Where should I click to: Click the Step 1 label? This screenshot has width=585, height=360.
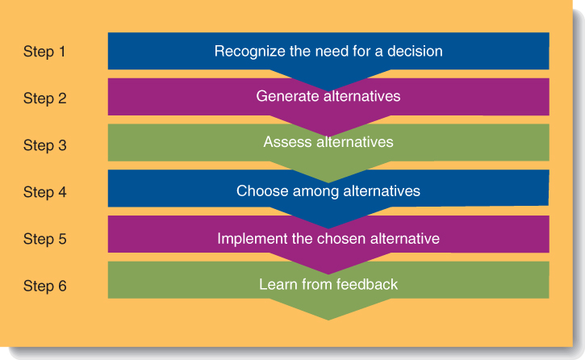pos(44,52)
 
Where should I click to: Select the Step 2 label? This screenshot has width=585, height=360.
pos(44,98)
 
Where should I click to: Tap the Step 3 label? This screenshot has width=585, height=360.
pos(44,145)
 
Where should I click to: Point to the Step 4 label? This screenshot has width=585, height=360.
pos(44,192)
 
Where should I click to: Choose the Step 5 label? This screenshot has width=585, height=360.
pos(44,239)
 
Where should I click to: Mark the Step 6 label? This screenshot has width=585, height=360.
pos(44,286)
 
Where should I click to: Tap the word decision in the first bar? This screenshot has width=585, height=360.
pos(415,51)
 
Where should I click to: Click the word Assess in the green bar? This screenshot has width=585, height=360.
pos(287,142)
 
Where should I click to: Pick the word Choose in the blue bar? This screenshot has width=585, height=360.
pos(262,191)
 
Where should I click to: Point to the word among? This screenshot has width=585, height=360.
pos(315,192)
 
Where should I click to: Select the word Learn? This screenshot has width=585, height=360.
pos(278,285)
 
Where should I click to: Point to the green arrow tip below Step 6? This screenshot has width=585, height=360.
pos(328,320)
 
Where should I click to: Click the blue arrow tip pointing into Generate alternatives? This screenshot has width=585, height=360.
pos(328,90)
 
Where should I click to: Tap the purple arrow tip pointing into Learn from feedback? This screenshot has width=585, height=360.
pos(328,274)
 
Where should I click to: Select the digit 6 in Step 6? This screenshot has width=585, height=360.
pos(62,286)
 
